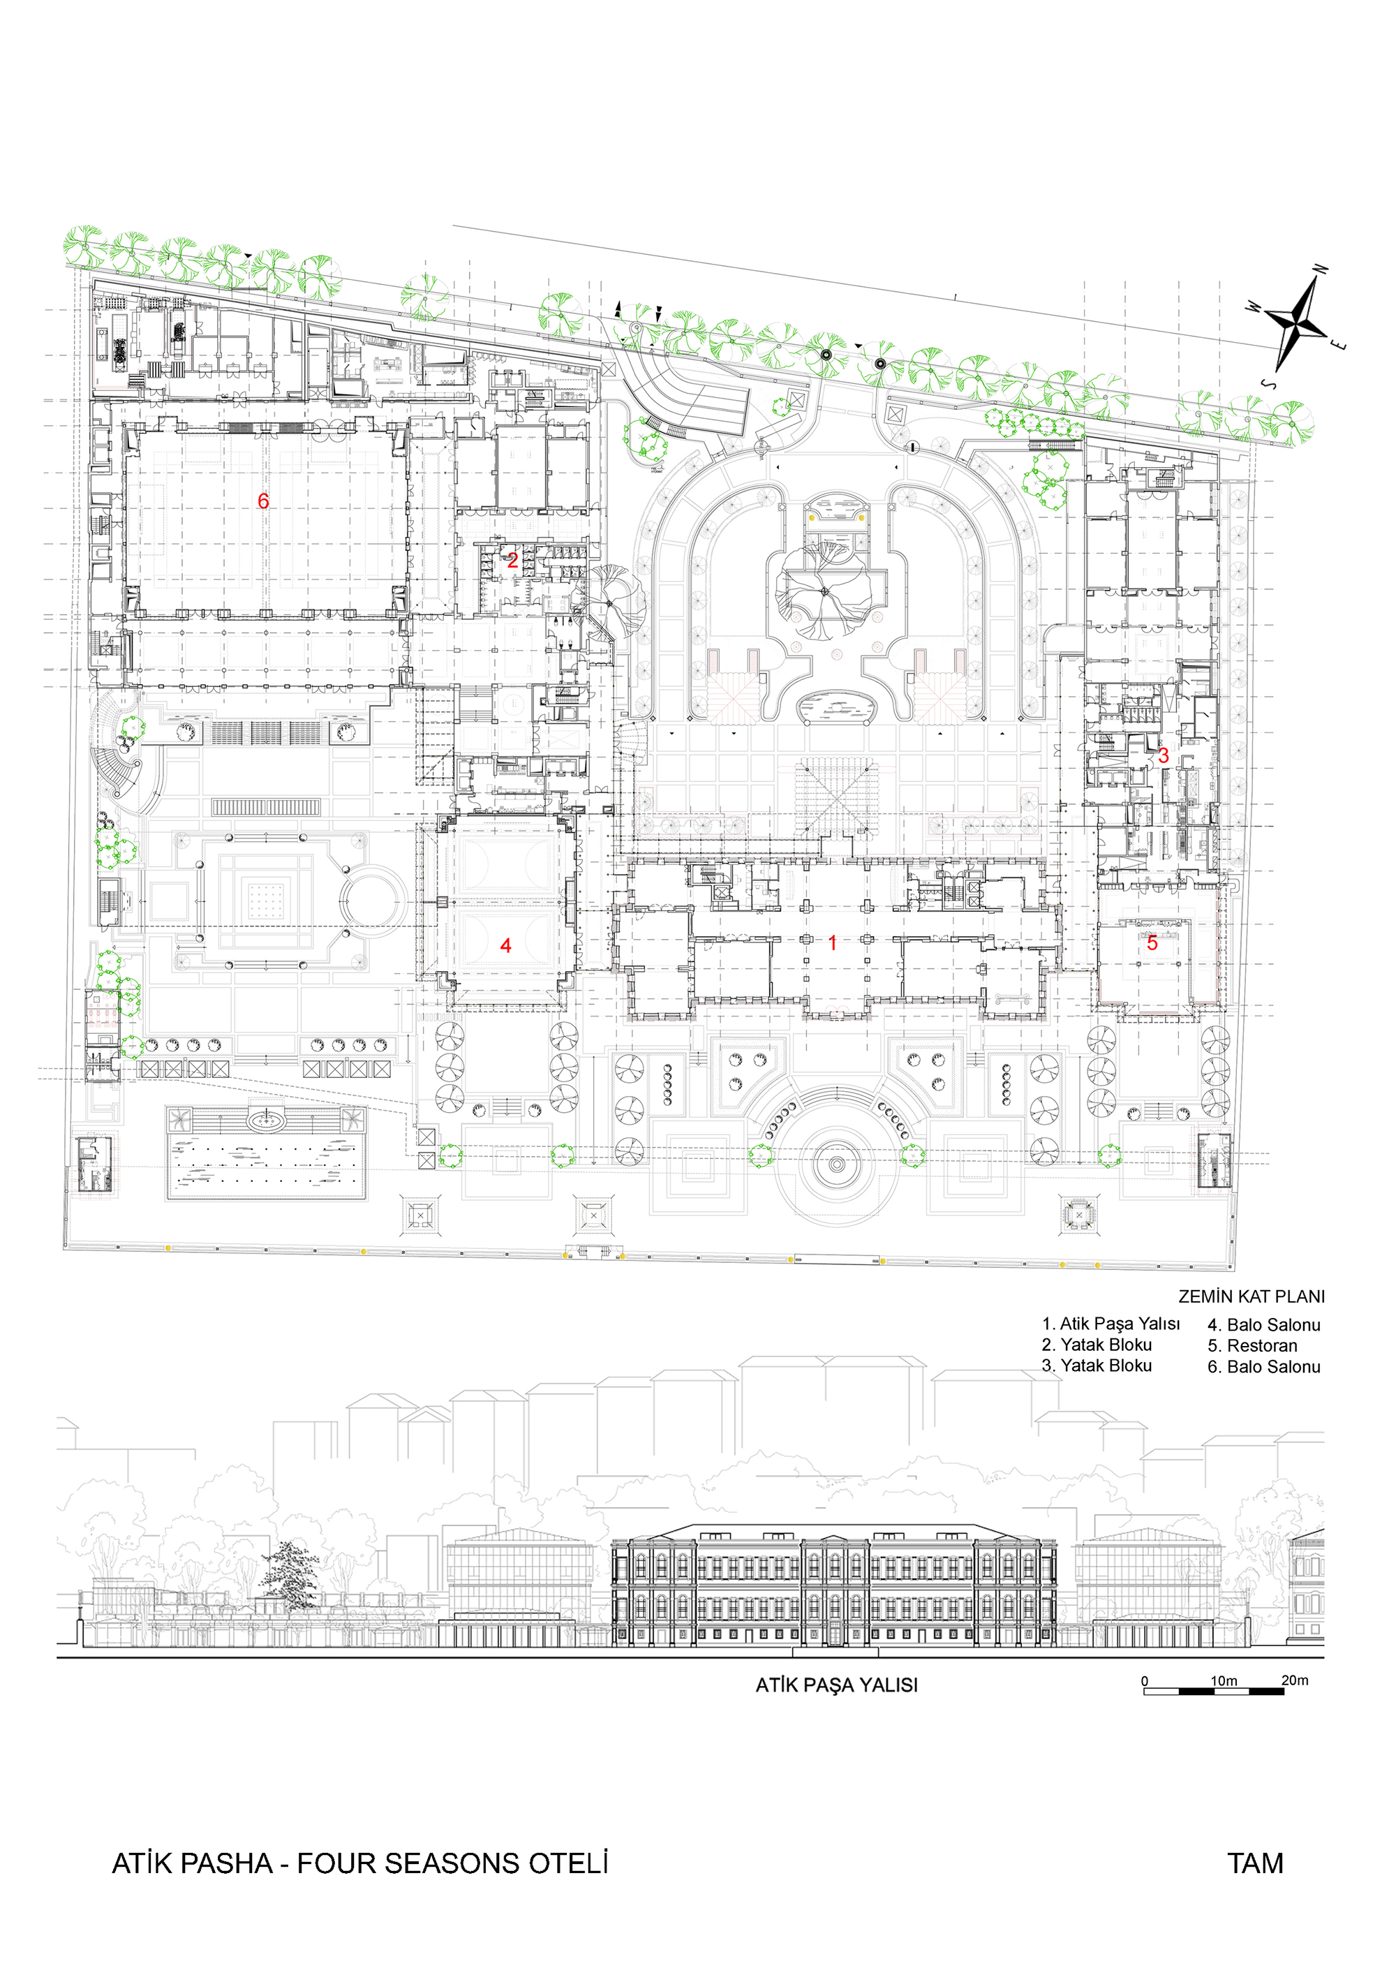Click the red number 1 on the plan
tap(832, 942)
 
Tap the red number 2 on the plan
tap(512, 561)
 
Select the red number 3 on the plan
tap(1163, 755)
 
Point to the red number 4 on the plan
tap(506, 945)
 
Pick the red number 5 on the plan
tap(1152, 942)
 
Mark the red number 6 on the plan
tap(263, 501)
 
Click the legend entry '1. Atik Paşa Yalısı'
tap(1111, 1324)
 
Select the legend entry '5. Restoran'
tap(1252, 1345)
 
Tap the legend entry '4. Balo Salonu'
tap(1263, 1325)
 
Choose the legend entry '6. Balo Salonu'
tap(1263, 1367)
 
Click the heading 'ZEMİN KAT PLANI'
tap(1252, 1296)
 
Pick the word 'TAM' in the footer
tap(1256, 1863)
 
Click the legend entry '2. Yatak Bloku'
tap(1097, 1345)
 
